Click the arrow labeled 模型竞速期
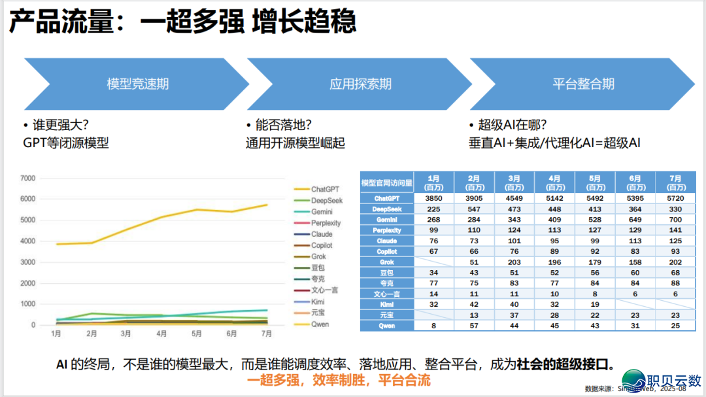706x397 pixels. point(137,84)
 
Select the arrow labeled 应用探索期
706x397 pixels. point(360,84)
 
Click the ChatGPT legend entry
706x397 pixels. point(325,190)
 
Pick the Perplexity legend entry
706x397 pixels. point(326,223)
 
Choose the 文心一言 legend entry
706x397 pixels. point(325,290)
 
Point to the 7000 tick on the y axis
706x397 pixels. point(27,178)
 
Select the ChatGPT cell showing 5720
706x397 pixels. point(676,198)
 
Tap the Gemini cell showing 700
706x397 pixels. point(676,220)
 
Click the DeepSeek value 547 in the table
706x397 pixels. point(473,209)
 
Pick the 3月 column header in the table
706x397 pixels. point(514,182)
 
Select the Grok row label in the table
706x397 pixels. point(386,262)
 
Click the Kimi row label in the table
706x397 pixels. point(386,305)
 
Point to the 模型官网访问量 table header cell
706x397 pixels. point(386,182)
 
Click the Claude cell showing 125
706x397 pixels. point(676,241)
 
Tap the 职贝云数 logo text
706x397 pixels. point(673,379)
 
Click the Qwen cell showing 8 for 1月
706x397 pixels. point(433,326)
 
